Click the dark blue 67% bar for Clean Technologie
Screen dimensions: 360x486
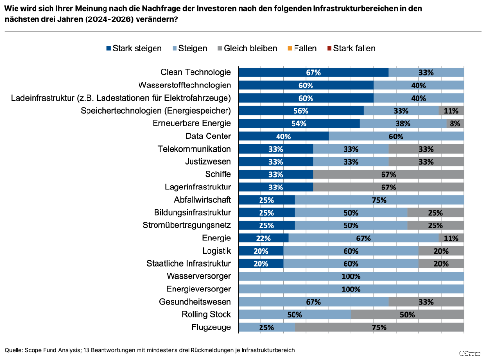pos(313,72)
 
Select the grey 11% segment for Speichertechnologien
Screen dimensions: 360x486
pos(451,111)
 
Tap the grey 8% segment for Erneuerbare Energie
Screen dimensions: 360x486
pos(455,123)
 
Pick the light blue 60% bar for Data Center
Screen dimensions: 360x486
pos(396,136)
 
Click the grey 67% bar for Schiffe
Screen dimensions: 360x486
pos(388,174)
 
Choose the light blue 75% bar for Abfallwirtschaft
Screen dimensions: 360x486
pos(379,200)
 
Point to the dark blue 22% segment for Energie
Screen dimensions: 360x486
pos(263,238)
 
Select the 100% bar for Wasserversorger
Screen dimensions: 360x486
pos(351,276)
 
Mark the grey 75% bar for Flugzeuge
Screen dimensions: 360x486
pos(379,327)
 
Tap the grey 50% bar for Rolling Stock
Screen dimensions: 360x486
pos(407,314)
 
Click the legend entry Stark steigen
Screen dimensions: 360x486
pos(134,48)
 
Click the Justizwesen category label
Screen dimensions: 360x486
pos(208,161)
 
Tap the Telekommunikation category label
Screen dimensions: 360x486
pos(194,149)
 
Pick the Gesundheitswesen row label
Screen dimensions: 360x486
pos(195,302)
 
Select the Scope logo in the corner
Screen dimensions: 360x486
pos(469,353)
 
